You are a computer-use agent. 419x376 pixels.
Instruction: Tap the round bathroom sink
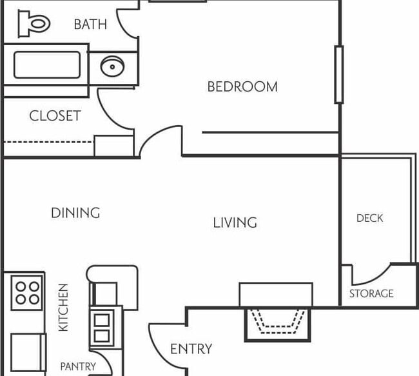(113, 66)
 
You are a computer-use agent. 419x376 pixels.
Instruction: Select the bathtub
(47, 64)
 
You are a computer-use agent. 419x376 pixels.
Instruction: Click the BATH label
(90, 25)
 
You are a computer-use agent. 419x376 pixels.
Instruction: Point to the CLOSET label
(55, 116)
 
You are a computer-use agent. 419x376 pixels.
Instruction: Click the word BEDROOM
(242, 86)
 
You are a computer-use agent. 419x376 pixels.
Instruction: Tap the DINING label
(75, 213)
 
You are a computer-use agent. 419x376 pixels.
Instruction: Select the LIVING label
(235, 223)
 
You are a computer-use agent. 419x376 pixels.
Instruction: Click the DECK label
(369, 219)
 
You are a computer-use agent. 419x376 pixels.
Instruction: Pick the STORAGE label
(371, 293)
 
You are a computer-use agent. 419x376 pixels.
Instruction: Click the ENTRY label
(191, 350)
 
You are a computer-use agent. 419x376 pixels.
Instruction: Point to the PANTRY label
(78, 366)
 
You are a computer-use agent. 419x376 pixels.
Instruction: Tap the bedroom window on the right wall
(338, 74)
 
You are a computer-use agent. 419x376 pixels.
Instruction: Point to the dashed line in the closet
(48, 141)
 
